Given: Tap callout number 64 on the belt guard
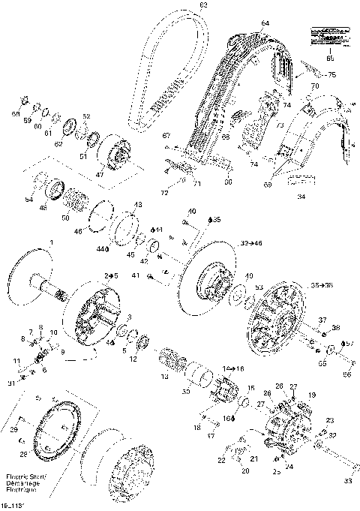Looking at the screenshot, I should pyautogui.click(x=264, y=24).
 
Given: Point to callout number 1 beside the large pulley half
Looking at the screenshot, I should pyautogui.click(x=51, y=242).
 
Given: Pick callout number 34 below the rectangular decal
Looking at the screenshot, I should pyautogui.click(x=301, y=197).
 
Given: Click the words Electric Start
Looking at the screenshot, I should pyautogui.click(x=20, y=476).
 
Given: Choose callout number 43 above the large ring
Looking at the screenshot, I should pyautogui.click(x=137, y=204).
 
